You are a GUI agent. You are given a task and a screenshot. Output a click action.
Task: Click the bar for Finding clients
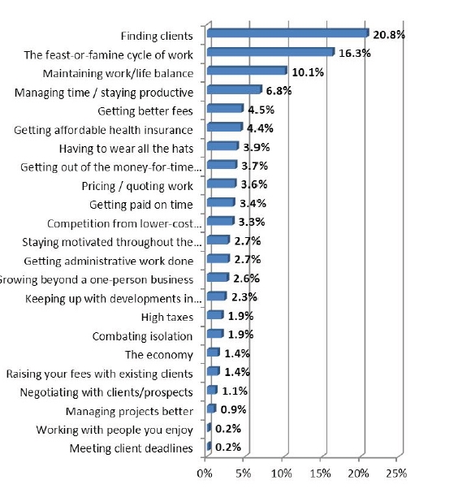[288, 32]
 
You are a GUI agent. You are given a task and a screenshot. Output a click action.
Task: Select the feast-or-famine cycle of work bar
[270, 51]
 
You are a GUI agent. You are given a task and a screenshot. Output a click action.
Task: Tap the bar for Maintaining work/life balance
[247, 71]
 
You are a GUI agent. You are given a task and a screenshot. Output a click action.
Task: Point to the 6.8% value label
[279, 91]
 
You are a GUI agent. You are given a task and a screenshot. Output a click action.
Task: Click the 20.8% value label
[389, 35]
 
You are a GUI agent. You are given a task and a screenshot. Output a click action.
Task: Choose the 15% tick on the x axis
[320, 473]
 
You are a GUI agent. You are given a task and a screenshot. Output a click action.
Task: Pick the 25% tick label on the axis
[396, 473]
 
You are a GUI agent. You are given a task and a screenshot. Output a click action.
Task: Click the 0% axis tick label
[205, 473]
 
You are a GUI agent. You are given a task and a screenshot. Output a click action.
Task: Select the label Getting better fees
[145, 111]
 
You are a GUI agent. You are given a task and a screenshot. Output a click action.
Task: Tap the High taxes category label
[167, 317]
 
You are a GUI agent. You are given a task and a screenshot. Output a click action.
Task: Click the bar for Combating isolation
[215, 333]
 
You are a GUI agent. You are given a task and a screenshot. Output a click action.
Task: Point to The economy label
[159, 355]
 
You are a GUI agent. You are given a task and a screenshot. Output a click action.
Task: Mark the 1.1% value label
[235, 391]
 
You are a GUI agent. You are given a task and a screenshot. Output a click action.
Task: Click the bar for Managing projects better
[212, 409]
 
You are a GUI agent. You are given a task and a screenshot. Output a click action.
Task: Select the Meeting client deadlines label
[131, 448]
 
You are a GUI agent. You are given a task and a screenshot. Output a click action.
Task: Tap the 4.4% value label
[260, 128]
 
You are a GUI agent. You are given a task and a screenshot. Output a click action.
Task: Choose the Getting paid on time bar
[221, 202]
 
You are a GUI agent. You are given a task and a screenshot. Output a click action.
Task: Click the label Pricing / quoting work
[137, 186]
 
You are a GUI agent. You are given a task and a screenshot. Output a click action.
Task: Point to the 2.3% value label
[244, 297]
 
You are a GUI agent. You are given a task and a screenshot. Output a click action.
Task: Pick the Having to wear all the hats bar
[223, 145]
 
